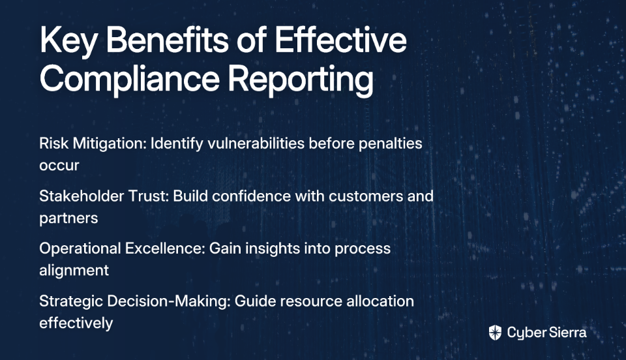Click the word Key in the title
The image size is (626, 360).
68,41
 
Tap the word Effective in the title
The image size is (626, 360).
340,40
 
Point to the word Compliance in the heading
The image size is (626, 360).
129,80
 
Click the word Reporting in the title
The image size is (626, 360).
301,80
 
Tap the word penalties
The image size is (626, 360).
390,143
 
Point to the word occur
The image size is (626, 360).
59,166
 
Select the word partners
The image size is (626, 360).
68,218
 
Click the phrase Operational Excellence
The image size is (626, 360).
122,248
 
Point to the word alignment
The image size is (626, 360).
74,271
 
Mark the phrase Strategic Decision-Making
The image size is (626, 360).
135,301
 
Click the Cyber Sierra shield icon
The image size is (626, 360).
495,333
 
